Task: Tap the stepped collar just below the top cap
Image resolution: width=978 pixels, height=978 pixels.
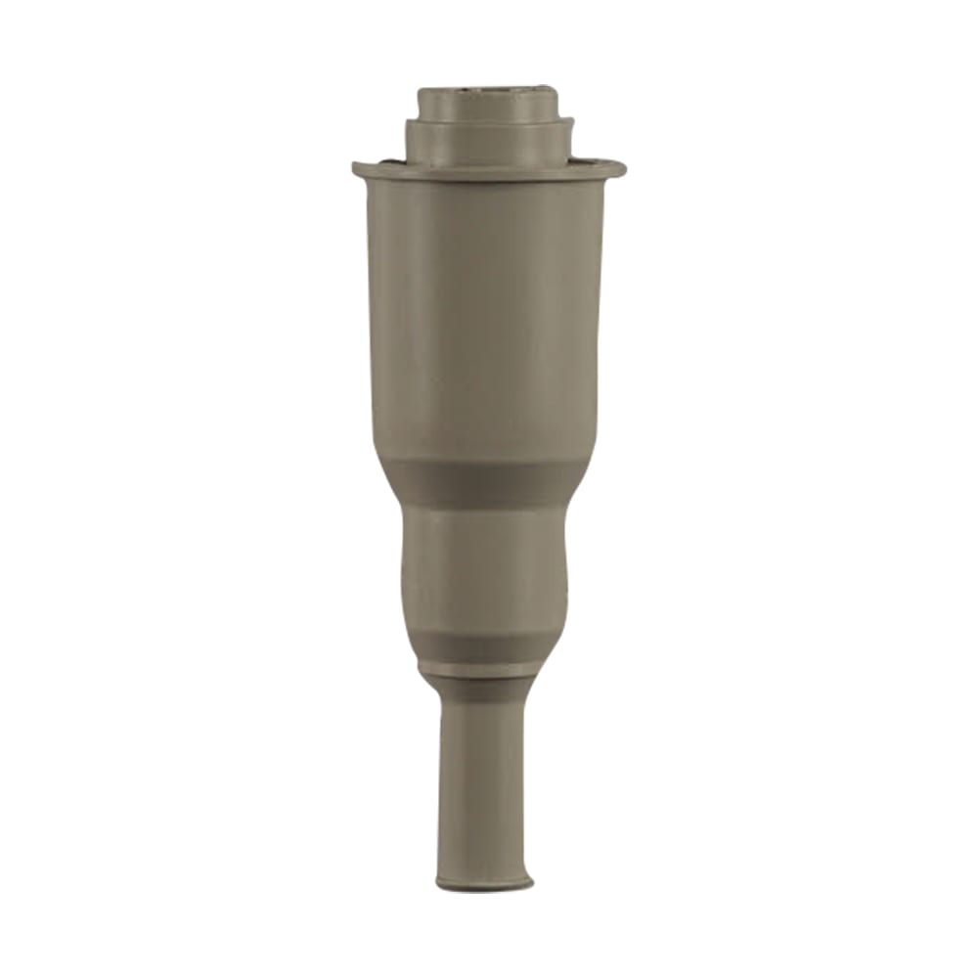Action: coord(488,143)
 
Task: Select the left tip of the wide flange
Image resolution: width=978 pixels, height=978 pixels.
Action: coord(356,169)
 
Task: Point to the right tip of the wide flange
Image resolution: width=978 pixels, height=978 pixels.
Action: coord(622,168)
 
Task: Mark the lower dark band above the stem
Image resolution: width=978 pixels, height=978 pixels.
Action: coord(485,646)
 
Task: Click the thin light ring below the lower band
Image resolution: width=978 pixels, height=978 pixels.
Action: coord(483,671)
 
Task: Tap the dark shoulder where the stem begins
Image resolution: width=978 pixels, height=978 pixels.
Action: coord(484,689)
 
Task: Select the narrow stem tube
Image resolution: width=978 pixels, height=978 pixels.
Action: coord(484,782)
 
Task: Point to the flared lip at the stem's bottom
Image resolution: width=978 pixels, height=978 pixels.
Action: coord(484,882)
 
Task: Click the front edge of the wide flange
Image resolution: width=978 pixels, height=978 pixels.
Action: coord(488,176)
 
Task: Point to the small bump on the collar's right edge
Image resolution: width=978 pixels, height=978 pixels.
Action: coord(571,124)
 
